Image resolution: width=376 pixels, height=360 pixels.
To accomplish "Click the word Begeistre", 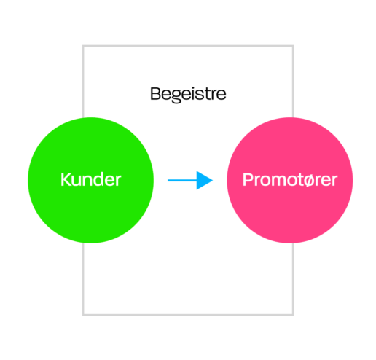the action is point(188,94).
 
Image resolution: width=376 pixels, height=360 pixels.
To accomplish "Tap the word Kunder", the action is point(90,179).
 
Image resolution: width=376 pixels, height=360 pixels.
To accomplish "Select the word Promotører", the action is point(290,180).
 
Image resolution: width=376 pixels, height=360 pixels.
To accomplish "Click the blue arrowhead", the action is point(205,180).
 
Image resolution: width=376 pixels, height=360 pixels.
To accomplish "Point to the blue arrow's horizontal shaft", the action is point(182,180).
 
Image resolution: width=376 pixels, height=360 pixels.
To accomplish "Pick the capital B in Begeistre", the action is point(155,93).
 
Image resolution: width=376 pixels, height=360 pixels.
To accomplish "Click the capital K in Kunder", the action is point(66,179).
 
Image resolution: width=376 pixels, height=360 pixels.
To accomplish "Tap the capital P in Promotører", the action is point(248,180).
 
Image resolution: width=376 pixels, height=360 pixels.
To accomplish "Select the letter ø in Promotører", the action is point(309,181).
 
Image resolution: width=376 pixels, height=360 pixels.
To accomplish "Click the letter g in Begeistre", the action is point(176,96).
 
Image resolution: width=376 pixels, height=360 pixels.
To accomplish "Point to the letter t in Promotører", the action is point(299,180).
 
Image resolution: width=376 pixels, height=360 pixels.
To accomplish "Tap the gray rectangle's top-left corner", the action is point(83,46).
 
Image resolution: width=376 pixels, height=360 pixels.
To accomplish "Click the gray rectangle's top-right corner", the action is point(293,46).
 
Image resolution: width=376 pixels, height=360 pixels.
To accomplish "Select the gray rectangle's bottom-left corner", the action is point(83,315).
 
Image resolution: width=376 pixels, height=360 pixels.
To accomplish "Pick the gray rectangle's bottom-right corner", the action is point(293,315).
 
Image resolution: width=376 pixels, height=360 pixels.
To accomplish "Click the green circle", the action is point(90,209).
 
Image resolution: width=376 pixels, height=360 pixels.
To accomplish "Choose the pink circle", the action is point(290,209).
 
